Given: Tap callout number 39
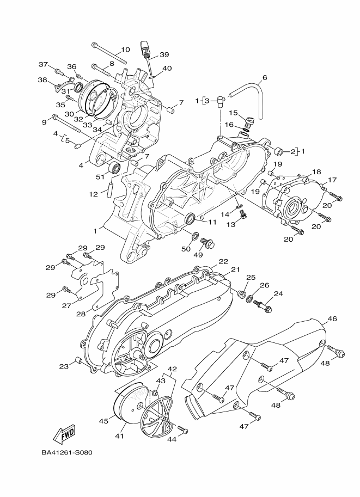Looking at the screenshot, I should click(164, 55).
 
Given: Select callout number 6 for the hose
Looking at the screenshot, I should click(265, 78).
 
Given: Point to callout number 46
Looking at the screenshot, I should click(332, 318).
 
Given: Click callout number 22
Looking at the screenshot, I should click(223, 262).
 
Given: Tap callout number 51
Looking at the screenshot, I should click(100, 176).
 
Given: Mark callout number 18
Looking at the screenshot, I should click(316, 171).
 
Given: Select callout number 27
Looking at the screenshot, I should click(66, 305).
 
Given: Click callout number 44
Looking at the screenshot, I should click(173, 439).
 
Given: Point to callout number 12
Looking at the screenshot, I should click(93, 193).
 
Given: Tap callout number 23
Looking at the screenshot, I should click(64, 367).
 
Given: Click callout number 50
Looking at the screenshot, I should click(186, 249).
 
